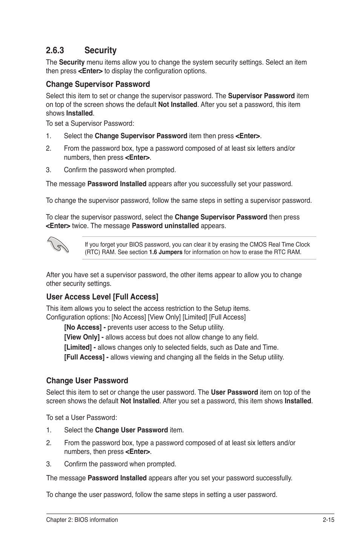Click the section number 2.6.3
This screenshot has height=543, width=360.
pyautogui.click(x=55, y=50)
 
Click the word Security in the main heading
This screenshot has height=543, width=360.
pyautogui.click(x=100, y=50)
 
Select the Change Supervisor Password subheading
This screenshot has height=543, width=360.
pyautogui.click(x=98, y=84)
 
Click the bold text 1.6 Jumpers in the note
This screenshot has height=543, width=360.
pyautogui.click(x=165, y=252)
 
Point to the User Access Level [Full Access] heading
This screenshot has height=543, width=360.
pyautogui.click(x=102, y=297)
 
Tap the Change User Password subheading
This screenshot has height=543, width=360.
pyautogui.click(x=87, y=381)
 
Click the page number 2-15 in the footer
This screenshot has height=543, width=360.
pyautogui.click(x=329, y=520)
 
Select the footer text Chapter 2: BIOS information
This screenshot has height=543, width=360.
pyautogui.click(x=82, y=520)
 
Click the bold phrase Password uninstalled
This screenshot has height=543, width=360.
pyautogui.click(x=165, y=226)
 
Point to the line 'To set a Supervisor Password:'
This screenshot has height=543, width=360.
pyautogui.click(x=90, y=123)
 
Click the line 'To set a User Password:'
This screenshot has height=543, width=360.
pyautogui.click(x=82, y=418)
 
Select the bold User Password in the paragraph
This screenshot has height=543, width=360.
pyautogui.click(x=234, y=392)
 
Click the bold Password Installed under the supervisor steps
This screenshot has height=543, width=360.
pyautogui.click(x=117, y=184)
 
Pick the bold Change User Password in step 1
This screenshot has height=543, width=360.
pyautogui.click(x=131, y=430)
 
